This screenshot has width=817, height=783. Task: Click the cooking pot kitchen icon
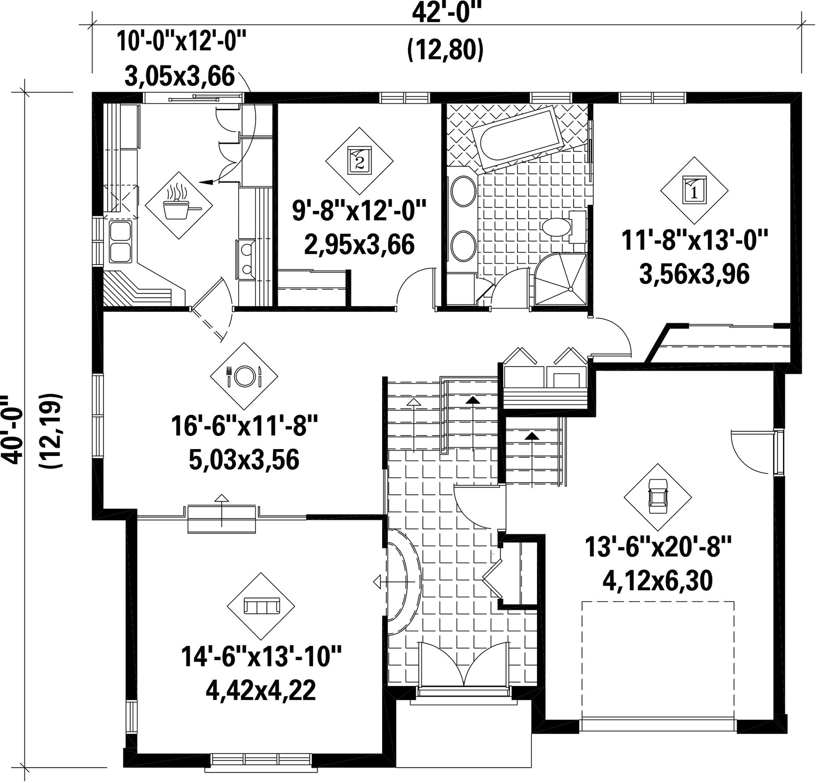pyautogui.click(x=179, y=205)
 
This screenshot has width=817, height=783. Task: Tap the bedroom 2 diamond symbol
pyautogui.click(x=359, y=161)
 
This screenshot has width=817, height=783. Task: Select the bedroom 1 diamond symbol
pyautogui.click(x=694, y=191)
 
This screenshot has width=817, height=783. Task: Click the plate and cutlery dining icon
pyautogui.click(x=244, y=376)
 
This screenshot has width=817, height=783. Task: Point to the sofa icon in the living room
pyautogui.click(x=261, y=606)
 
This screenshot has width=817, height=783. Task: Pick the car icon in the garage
pyautogui.click(x=658, y=497)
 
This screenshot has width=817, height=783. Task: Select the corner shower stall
pyautogui.click(x=561, y=279)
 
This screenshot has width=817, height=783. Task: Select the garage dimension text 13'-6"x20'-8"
pyautogui.click(x=658, y=547)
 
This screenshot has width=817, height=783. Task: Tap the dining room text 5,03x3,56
pyautogui.click(x=244, y=460)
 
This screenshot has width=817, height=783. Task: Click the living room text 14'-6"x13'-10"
pyautogui.click(x=261, y=656)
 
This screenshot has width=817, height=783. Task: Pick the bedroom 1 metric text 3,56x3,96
pyautogui.click(x=694, y=274)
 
